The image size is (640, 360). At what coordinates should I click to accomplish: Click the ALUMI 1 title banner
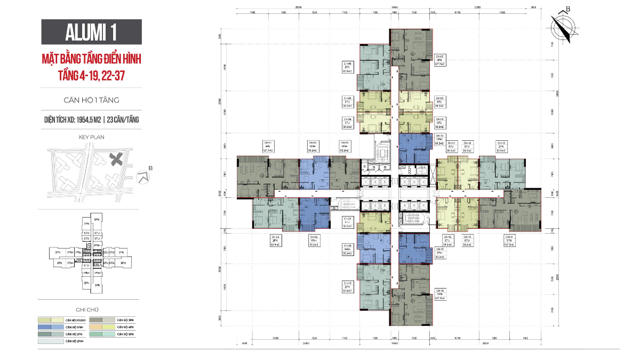click(92, 31)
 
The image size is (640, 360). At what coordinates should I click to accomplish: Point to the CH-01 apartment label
click(268, 147)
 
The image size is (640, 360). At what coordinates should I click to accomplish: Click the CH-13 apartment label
click(501, 147)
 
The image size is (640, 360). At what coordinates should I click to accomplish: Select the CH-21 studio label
click(347, 222)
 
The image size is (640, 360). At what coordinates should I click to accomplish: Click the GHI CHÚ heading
click(91, 309)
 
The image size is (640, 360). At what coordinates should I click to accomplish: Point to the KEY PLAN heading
click(91, 137)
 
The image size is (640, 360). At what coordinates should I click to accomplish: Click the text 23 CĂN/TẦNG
click(123, 119)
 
